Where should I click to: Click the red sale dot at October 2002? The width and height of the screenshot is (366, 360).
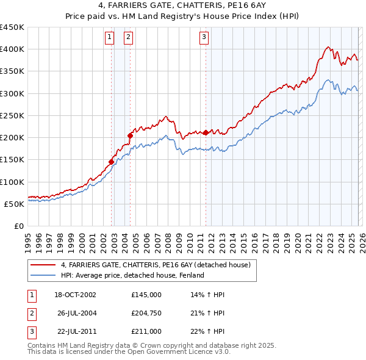point(112,162)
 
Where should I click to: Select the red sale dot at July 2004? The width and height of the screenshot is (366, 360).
point(131,135)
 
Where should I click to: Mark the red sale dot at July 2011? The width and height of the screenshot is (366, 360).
point(206,132)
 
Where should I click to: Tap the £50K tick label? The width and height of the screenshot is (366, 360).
point(15,204)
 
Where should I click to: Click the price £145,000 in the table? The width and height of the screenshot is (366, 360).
point(146,295)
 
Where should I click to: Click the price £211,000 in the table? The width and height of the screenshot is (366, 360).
point(146,331)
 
